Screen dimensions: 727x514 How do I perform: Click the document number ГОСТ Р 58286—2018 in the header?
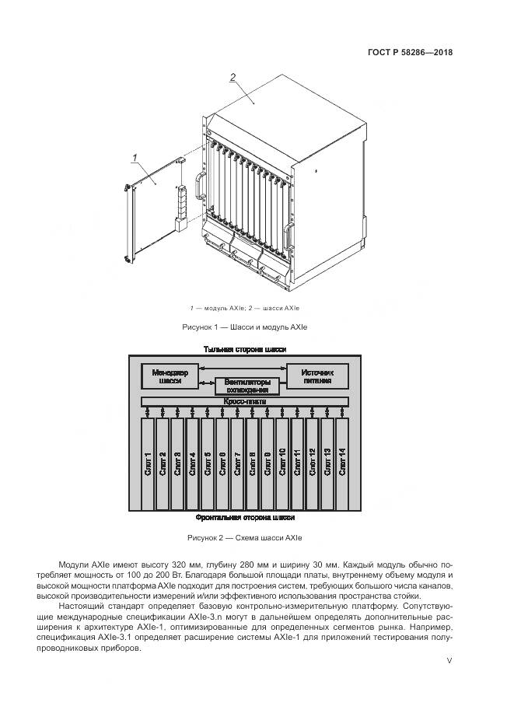[x=409, y=53]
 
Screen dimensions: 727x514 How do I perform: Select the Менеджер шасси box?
[x=170, y=376]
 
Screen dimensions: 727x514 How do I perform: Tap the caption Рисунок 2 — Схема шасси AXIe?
[x=244, y=537]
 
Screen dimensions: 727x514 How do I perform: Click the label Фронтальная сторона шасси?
[x=245, y=517]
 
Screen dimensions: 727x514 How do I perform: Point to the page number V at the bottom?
[x=449, y=661]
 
